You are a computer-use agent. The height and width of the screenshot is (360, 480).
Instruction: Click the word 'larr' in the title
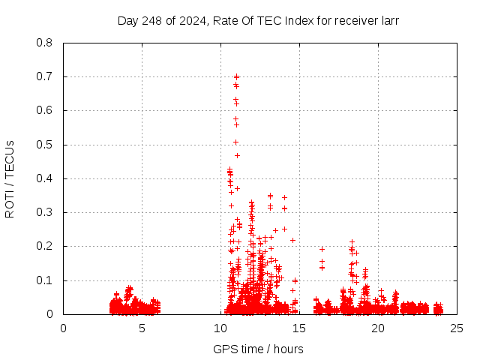click(389, 20)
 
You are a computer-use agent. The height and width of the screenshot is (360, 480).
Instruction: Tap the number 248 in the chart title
click(153, 20)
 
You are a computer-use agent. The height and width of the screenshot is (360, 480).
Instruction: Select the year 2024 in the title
click(192, 20)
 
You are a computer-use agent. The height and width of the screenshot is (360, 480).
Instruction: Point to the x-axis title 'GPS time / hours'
click(258, 349)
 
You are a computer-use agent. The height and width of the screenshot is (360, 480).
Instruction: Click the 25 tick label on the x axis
click(457, 328)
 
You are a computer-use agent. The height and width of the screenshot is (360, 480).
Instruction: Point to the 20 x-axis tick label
click(378, 328)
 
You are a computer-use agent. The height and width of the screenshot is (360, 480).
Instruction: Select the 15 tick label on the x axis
click(299, 328)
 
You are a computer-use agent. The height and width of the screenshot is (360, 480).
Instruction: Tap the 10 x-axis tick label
click(220, 328)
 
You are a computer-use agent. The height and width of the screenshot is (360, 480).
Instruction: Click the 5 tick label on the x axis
click(142, 328)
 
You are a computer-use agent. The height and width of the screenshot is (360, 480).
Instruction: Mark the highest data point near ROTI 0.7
click(236, 76)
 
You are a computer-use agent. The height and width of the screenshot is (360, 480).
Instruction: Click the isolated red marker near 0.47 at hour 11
click(237, 155)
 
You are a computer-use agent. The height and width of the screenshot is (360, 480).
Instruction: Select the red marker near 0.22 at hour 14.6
click(292, 240)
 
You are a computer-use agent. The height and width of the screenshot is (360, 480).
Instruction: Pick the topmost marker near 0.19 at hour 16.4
click(322, 249)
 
